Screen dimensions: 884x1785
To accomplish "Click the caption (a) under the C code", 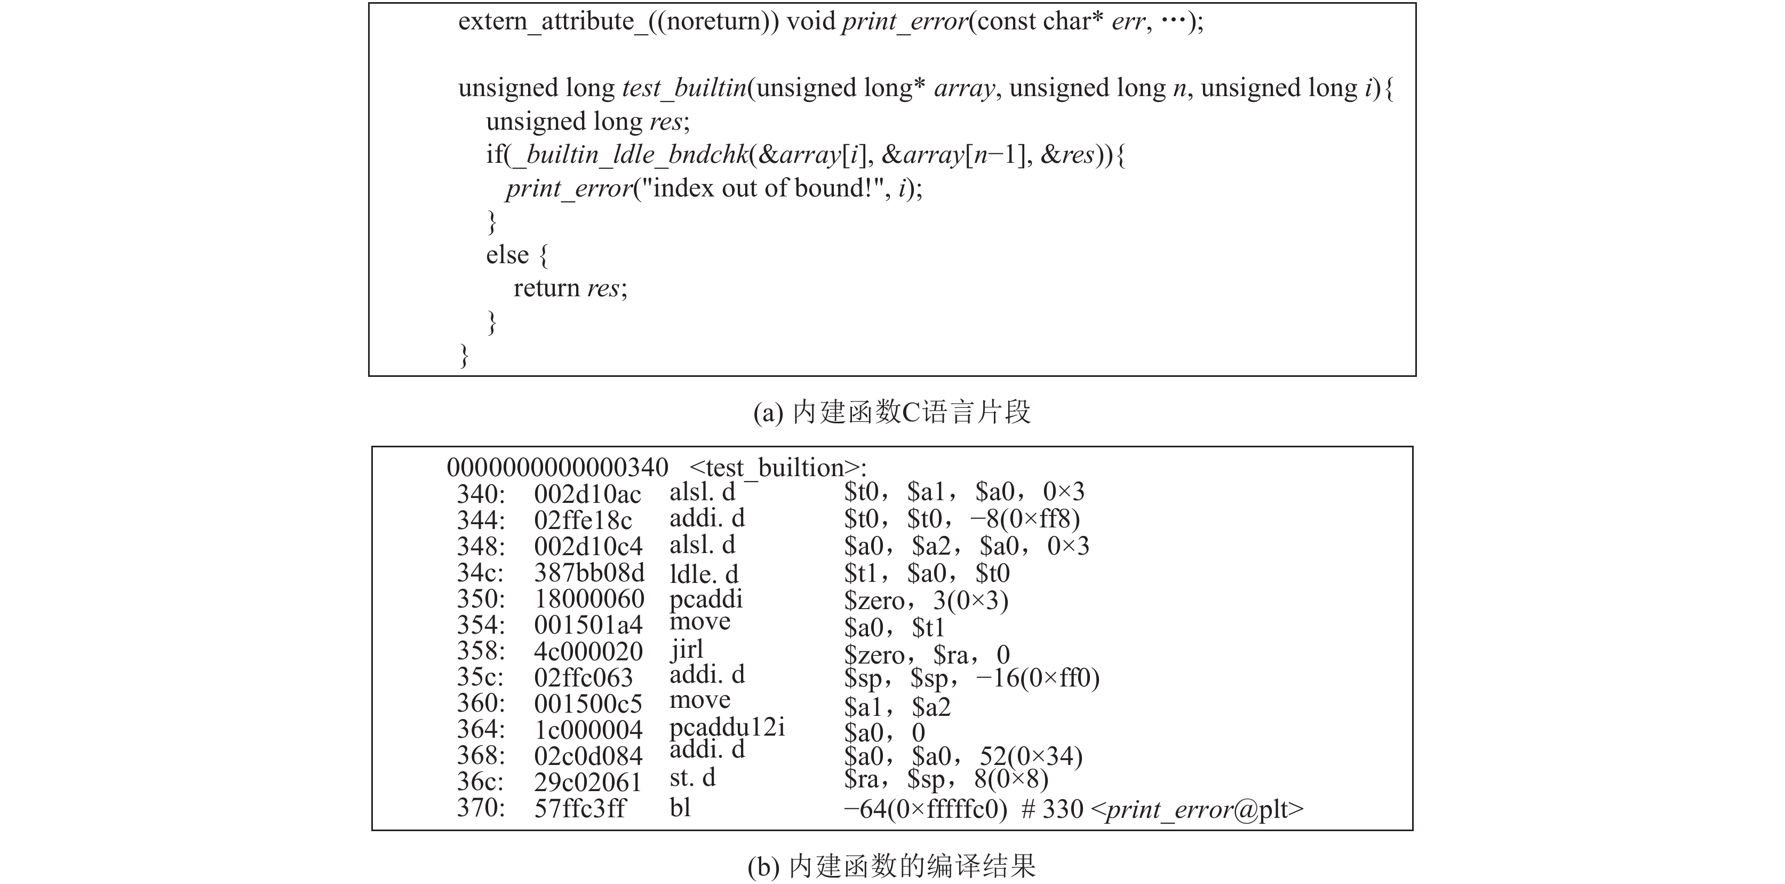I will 892,413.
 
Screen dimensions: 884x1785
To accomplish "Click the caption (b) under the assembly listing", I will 892,866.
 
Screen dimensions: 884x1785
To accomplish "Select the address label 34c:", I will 480,573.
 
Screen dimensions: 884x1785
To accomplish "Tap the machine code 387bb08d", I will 589,573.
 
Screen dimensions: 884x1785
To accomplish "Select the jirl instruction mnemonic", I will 687,650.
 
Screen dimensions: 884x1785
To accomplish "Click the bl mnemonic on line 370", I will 681,808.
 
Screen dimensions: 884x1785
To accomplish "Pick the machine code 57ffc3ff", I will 580,808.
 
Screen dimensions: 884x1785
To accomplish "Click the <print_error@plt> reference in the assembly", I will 1197,809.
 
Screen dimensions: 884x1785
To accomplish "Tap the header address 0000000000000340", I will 557,467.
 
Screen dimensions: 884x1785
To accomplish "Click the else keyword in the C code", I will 507,255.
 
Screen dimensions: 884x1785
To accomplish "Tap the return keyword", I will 546,288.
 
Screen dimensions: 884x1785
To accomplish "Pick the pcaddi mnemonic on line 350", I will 705,599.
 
